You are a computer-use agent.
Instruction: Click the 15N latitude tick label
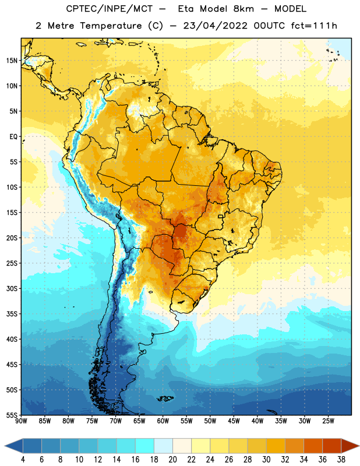[12, 61]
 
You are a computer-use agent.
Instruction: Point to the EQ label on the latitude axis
[13, 137]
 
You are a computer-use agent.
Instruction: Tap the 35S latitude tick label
[12, 314]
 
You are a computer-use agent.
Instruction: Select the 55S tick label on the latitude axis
[12, 415]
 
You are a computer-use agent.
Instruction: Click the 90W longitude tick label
[21, 421]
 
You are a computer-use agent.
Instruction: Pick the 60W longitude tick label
[163, 421]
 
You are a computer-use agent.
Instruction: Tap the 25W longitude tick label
[328, 421]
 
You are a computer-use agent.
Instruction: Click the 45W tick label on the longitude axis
[234, 421]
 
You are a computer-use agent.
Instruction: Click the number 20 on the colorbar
[172, 460]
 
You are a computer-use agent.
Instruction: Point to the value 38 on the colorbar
[341, 460]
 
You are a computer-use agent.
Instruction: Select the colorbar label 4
[23, 460]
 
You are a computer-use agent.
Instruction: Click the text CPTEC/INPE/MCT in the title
[110, 9]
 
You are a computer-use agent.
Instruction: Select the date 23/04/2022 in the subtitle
[215, 26]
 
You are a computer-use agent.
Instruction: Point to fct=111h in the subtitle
[314, 26]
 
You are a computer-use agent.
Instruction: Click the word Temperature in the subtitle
[111, 26]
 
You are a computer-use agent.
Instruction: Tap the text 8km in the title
[243, 9]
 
